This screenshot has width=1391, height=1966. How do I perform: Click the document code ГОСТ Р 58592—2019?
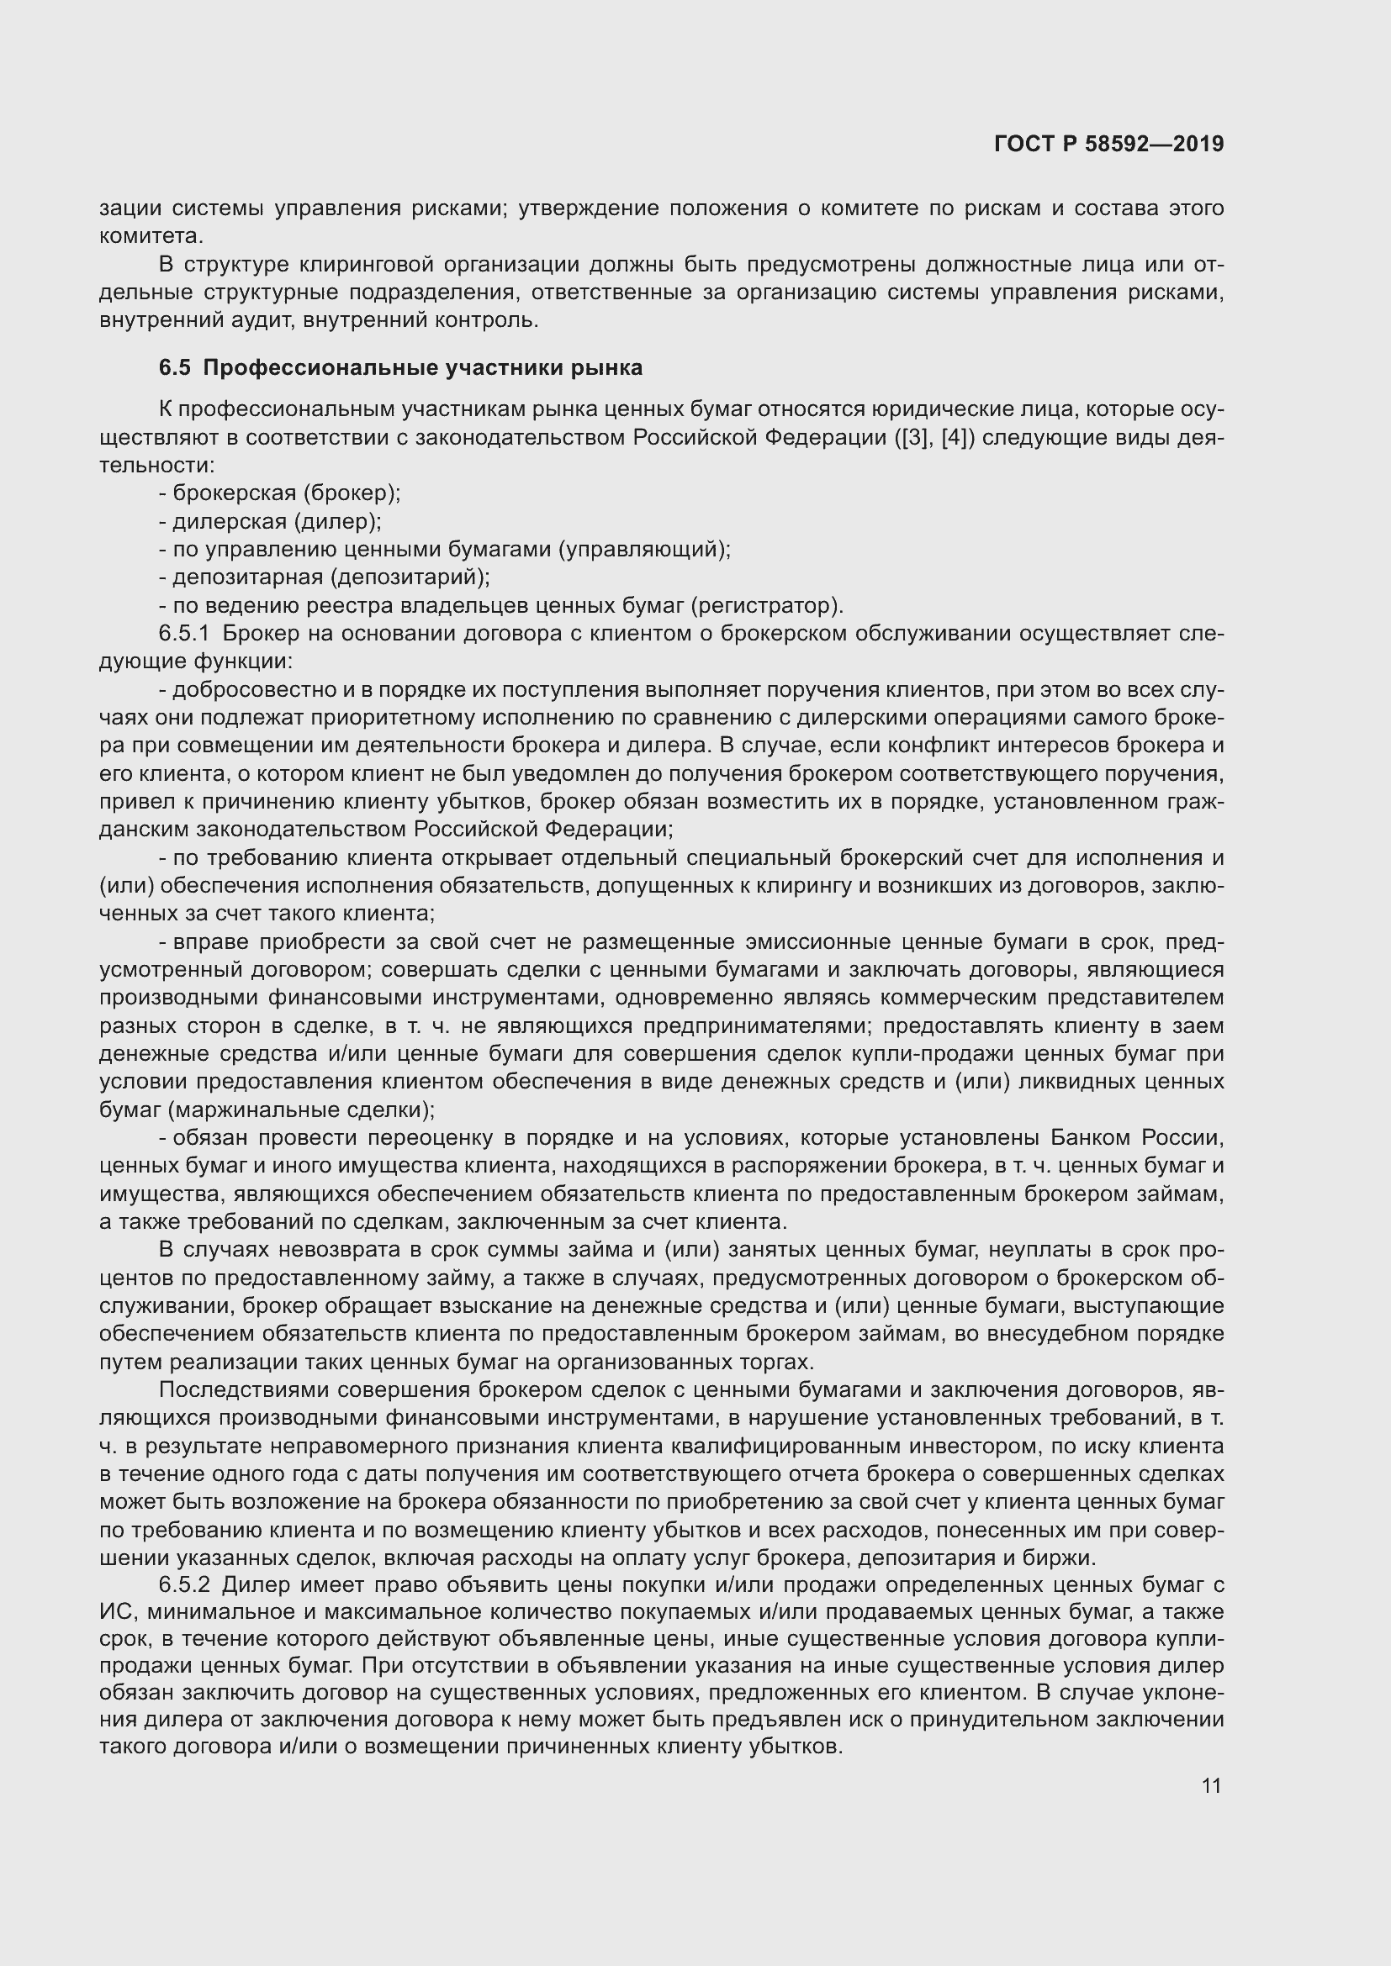click(x=1108, y=144)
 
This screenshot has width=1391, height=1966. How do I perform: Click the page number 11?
click(x=1211, y=1785)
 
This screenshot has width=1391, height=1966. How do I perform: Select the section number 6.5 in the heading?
click(x=175, y=368)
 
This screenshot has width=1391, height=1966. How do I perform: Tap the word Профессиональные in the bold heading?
click(x=321, y=368)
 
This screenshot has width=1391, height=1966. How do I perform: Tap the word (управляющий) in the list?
click(x=644, y=550)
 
